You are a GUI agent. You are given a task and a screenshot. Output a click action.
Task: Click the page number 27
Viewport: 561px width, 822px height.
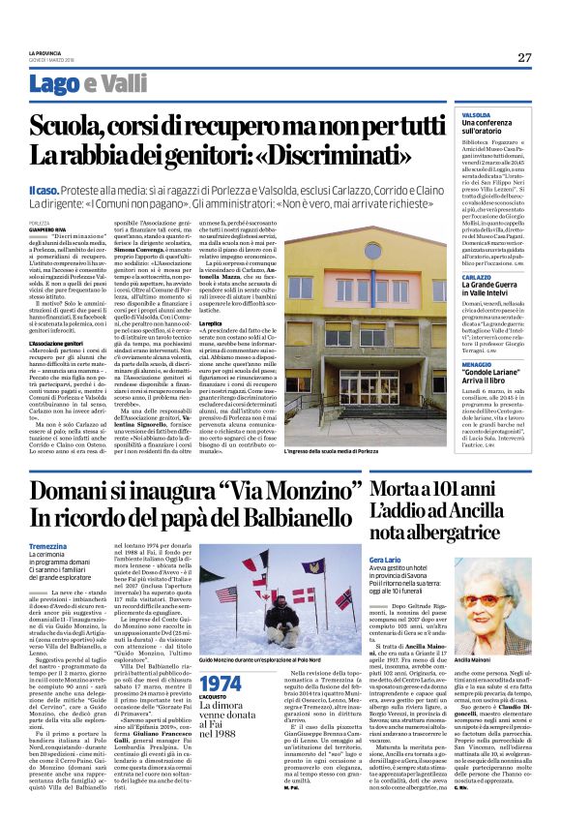(524, 57)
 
